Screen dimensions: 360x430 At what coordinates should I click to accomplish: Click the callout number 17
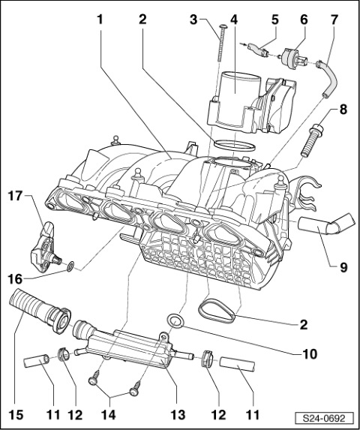[x=16, y=196]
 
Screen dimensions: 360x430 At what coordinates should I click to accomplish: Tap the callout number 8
[x=343, y=109]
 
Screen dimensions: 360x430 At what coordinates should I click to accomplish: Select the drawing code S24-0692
[x=324, y=419]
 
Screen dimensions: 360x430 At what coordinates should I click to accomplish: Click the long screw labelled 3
[x=220, y=43]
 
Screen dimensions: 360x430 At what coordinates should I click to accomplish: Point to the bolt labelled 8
[x=311, y=140]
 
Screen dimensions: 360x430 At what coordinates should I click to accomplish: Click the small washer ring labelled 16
[x=70, y=266]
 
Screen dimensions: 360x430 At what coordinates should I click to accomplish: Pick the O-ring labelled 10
[x=175, y=321]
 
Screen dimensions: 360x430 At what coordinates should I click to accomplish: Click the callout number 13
[x=177, y=414]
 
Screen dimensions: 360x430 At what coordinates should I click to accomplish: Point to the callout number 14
[x=109, y=414]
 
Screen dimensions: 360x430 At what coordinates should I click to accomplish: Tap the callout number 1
[x=100, y=20]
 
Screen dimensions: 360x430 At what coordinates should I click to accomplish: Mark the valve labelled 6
[x=294, y=58]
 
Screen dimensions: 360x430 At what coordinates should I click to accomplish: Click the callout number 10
[x=309, y=354]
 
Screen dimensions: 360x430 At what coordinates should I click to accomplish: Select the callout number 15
[x=16, y=414]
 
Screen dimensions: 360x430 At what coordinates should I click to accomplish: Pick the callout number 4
[x=234, y=20]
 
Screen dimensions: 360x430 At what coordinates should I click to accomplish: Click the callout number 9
[x=343, y=267]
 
